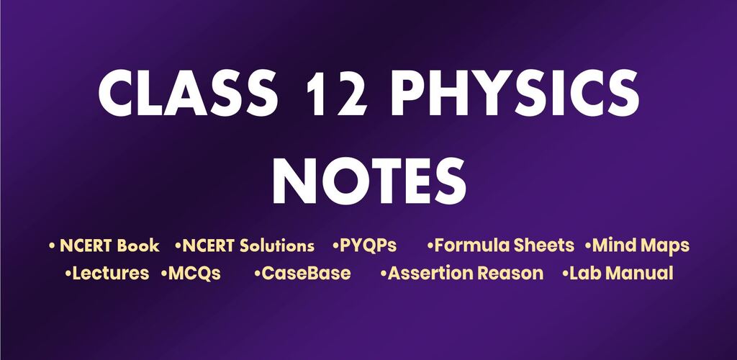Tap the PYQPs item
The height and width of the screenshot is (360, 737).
click(364, 246)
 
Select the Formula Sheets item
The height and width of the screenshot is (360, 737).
click(501, 246)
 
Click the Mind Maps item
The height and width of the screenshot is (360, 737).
click(638, 246)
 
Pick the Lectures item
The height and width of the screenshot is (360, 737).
click(107, 273)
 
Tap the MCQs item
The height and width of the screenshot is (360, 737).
click(191, 274)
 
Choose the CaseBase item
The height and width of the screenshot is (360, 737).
click(302, 273)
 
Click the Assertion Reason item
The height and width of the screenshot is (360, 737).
click(462, 273)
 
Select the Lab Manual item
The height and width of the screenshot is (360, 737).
click(618, 273)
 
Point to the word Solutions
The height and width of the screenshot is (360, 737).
click(277, 246)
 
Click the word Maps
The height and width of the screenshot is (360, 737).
click(666, 246)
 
